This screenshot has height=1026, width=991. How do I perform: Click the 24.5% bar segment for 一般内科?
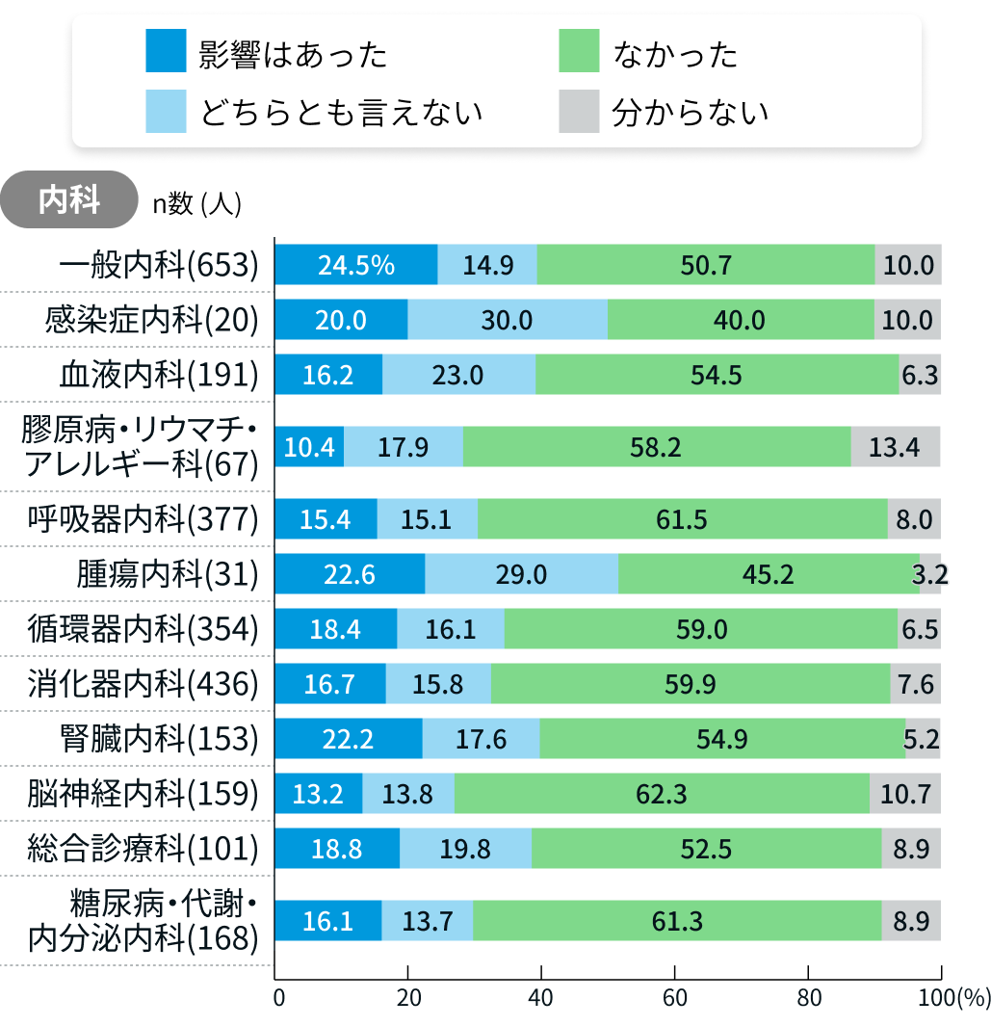click(356, 265)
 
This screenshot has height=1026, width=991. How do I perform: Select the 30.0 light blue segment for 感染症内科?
click(508, 320)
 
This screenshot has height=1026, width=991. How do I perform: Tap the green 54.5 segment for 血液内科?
click(717, 375)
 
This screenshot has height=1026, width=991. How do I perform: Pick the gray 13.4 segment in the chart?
click(895, 447)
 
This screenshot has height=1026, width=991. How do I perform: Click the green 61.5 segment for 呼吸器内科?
click(682, 520)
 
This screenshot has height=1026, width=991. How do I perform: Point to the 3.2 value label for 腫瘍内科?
click(930, 575)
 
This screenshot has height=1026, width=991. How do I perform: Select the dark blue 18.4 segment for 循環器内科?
click(336, 630)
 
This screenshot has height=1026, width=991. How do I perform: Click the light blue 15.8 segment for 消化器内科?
click(438, 685)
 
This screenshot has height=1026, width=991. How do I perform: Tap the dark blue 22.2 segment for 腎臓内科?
click(349, 739)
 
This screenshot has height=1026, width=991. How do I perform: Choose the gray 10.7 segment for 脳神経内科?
click(905, 794)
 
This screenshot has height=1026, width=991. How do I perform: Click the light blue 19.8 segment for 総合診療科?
click(465, 849)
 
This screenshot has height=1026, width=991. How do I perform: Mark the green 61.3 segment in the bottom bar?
click(677, 921)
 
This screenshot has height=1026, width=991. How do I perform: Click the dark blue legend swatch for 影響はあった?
click(166, 52)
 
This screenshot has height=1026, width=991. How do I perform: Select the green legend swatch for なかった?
click(579, 52)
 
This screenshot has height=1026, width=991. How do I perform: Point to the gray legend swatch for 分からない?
click(579, 112)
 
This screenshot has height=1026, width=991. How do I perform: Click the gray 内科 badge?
click(68, 199)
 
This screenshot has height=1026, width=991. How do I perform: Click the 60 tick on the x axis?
click(675, 998)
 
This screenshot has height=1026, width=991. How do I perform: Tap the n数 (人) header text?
click(196, 202)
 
